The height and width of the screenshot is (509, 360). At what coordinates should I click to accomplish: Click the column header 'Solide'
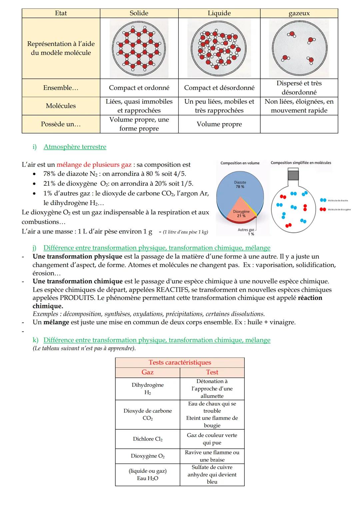(139, 13)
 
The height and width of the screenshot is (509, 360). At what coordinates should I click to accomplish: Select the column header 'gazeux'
(299, 13)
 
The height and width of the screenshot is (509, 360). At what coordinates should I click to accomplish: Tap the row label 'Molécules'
(61, 106)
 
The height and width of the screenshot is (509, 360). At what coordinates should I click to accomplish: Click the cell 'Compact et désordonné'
(219, 88)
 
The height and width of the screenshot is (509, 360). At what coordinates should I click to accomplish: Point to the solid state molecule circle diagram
(139, 49)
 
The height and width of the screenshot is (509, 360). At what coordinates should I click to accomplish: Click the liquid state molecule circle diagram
(219, 49)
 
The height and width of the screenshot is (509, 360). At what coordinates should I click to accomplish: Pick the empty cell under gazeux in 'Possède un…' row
(299, 124)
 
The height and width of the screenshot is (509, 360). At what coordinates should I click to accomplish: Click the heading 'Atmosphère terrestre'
(75, 147)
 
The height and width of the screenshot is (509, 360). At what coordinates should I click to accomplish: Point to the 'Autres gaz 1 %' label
(247, 231)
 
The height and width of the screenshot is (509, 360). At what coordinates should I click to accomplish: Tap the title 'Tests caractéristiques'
(180, 363)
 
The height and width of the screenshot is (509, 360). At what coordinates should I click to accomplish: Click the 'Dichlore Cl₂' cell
(147, 439)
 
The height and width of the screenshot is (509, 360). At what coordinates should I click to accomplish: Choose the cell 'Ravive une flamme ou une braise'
(212, 456)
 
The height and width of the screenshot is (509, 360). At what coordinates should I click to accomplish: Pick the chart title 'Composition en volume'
(240, 163)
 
